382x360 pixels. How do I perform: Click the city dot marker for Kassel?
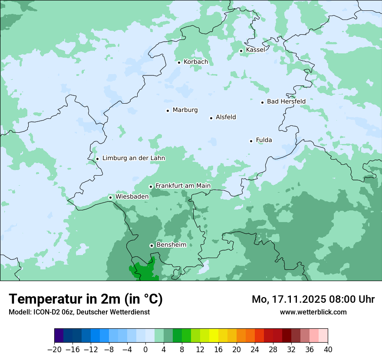click(241, 51)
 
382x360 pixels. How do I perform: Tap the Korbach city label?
click(196, 62)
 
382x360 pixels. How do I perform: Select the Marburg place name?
click(185, 110)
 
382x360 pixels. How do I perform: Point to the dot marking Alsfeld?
click(211, 118)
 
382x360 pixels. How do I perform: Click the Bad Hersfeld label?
click(286, 102)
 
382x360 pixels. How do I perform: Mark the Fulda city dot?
click(251, 141)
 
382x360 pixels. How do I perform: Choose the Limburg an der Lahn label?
click(133, 158)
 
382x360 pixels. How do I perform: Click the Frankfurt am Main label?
click(183, 186)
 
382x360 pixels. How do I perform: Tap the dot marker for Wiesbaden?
click(110, 197)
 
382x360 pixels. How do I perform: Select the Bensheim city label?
click(171, 245)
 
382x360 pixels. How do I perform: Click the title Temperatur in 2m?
click(86, 299)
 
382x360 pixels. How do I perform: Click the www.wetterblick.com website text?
click(313, 312)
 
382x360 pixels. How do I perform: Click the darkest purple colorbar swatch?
click(59, 336)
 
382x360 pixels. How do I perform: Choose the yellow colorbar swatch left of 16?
click(214, 336)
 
